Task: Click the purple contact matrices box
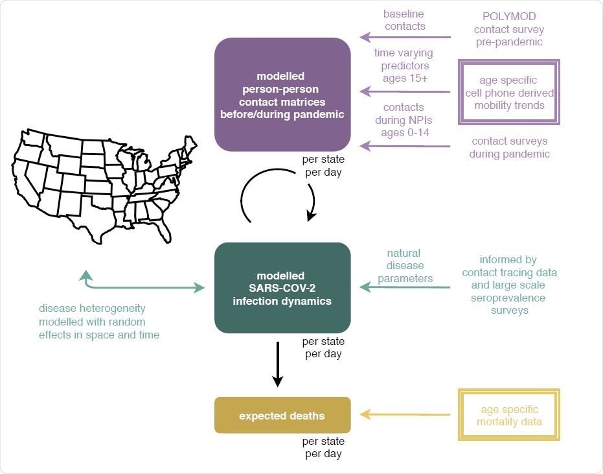[x=282, y=95]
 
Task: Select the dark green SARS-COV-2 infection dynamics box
[x=282, y=288]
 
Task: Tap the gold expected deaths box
[x=282, y=415]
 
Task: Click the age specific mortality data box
[x=509, y=416]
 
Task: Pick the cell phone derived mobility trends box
[x=509, y=92]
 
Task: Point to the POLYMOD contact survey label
[x=509, y=29]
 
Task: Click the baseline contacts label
[x=404, y=19]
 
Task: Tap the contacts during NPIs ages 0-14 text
[x=404, y=121]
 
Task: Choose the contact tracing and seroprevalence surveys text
[x=509, y=285]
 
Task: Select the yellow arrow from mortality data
[x=405, y=415]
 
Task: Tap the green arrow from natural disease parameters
[x=405, y=287]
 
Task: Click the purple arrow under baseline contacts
[x=405, y=38]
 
